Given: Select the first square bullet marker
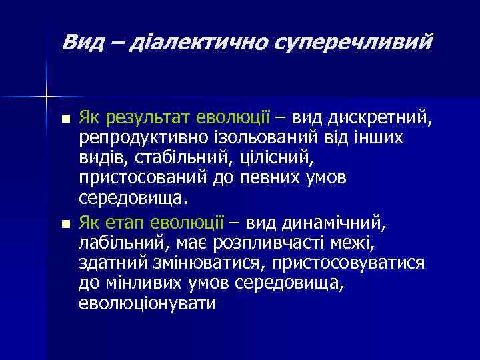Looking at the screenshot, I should (64, 120).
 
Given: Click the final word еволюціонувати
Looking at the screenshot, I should (147, 303).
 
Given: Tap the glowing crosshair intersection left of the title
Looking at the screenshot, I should (47, 97).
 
